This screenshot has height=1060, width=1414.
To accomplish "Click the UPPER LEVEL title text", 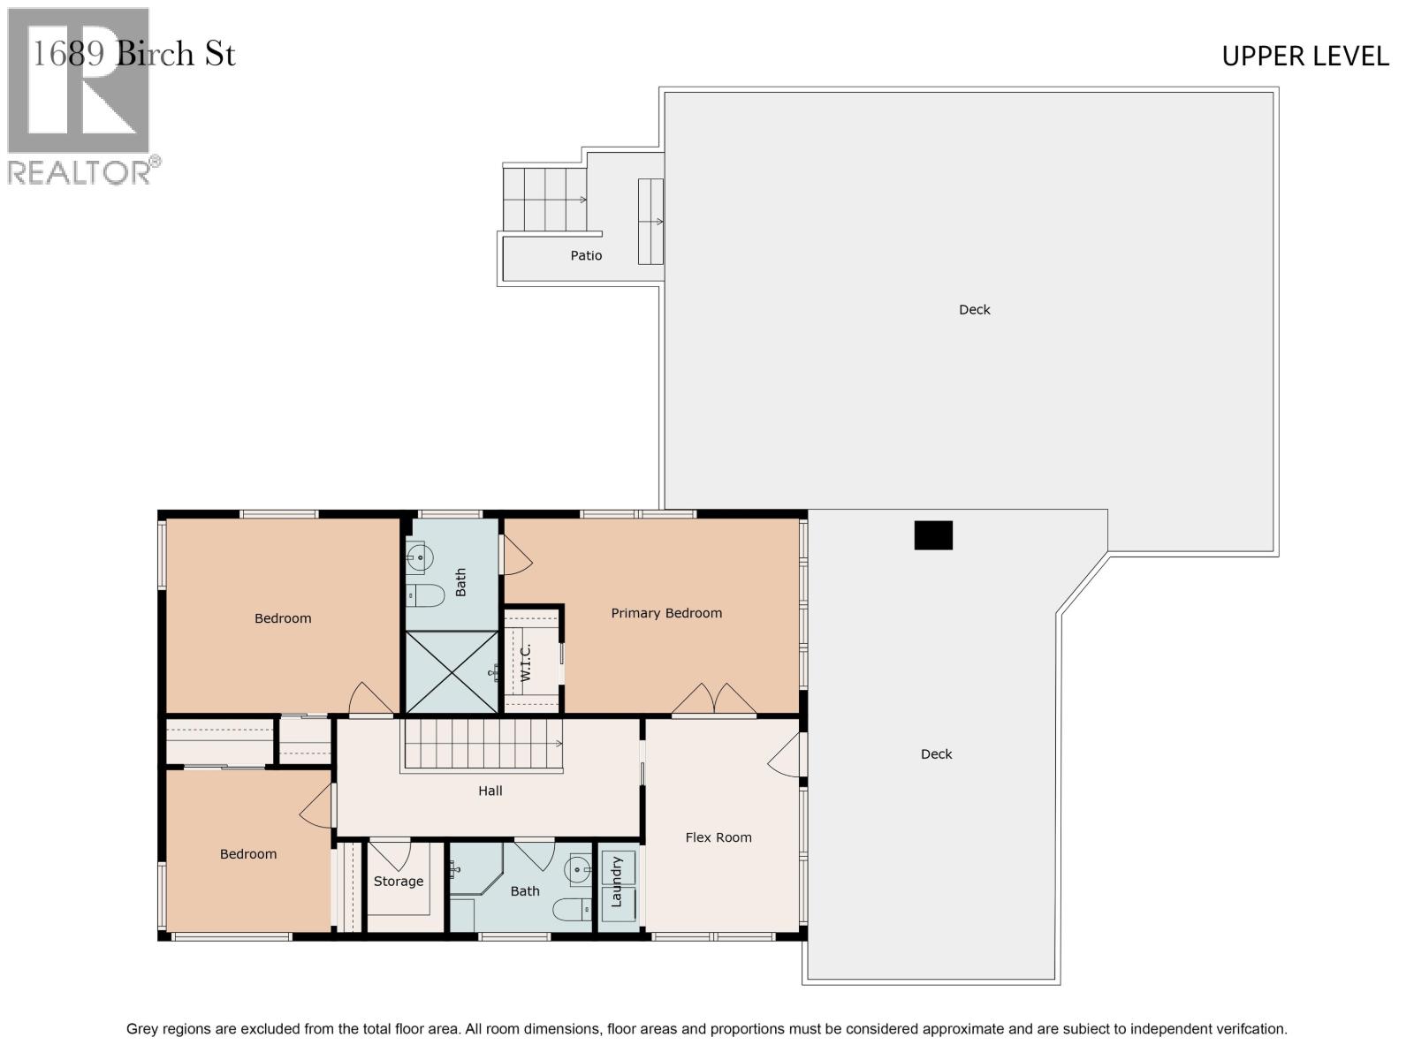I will point(1304,57).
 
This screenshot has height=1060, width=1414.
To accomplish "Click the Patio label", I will point(586,255).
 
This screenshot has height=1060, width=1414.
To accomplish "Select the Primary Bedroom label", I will point(666,613).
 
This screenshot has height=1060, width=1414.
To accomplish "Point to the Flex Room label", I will point(718,837).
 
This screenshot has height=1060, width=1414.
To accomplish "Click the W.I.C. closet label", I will point(525,662).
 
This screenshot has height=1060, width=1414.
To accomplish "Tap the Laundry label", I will point(617,882).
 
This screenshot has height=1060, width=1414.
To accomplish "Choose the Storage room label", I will point(398,882).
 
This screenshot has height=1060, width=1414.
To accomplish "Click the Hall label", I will point(490,791).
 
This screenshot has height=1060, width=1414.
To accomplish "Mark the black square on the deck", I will point(933,535).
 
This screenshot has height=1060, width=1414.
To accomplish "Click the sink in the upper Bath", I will point(420,557).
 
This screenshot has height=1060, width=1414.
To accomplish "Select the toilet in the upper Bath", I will point(425,596).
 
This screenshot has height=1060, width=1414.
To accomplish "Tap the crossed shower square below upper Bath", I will point(452,671).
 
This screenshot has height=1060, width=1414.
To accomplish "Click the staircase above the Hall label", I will point(483,744).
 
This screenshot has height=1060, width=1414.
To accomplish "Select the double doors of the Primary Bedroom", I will point(714,700).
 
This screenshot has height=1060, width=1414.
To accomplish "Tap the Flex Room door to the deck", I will point(786,756).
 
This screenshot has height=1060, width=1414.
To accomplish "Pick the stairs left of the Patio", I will point(544,199).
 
